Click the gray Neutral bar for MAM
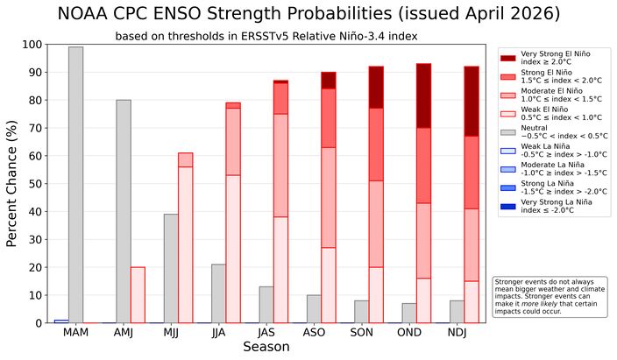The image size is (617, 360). point(76,185)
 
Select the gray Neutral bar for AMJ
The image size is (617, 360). point(124,211)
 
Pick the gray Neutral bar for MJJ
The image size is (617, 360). point(171,268)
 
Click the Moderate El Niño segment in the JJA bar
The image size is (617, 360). point(232,141)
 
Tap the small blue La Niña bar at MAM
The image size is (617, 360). point(61,321)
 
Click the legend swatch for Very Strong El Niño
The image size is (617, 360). point(507,58)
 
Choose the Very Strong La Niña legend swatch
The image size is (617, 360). point(507,206)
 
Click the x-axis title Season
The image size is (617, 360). point(266,348)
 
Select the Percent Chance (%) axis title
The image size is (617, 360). point(12,184)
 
